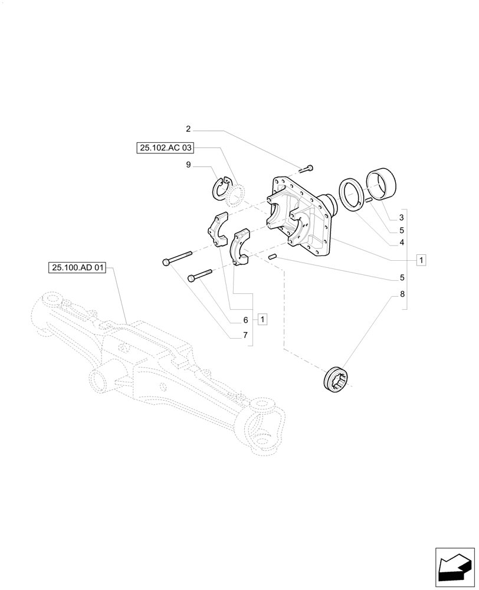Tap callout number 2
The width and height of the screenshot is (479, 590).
[x=188, y=129]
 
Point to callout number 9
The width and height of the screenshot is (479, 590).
[x=188, y=165]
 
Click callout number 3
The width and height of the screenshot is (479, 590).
[x=401, y=218]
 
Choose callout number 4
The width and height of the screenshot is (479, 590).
[x=401, y=242]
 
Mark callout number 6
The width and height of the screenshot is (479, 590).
[x=245, y=320]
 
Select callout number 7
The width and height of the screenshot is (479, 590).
[x=245, y=335]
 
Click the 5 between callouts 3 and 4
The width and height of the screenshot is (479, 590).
[x=401, y=230]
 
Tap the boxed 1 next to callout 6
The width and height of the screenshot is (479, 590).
[x=263, y=319]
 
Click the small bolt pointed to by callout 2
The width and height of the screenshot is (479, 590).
[x=307, y=169]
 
